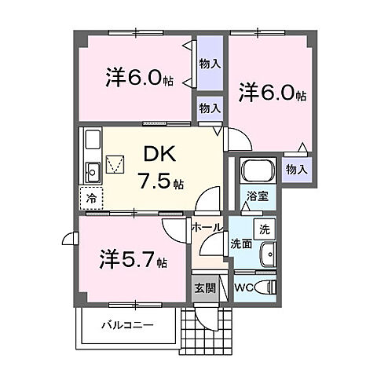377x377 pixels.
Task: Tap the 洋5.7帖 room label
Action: click(x=134, y=259)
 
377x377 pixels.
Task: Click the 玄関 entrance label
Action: click(x=202, y=287)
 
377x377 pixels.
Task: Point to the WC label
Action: click(x=244, y=287)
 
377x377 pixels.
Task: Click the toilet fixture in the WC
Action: click(x=265, y=287)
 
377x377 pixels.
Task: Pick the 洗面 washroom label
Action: click(x=240, y=244)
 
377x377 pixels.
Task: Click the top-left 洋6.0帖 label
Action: click(x=139, y=77)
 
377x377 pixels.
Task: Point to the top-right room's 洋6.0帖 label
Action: click(x=272, y=92)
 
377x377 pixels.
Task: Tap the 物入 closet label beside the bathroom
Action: click(x=295, y=168)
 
